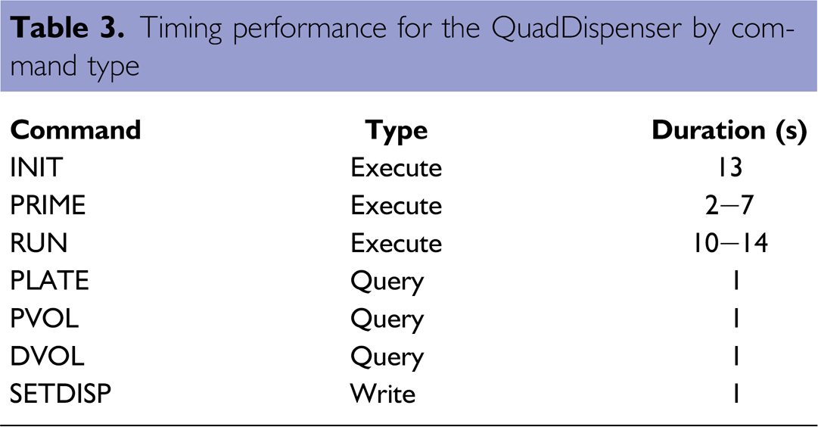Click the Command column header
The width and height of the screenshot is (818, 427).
[76, 130]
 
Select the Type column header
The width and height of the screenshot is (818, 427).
[396, 131]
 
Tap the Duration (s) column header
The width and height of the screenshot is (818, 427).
[729, 131]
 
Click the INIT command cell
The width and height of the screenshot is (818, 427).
[36, 167]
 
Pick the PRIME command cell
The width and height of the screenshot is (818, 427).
[48, 205]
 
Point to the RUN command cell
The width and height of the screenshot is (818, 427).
[39, 243]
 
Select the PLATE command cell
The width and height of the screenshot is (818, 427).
[49, 280]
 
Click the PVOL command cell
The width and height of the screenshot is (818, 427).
[45, 318]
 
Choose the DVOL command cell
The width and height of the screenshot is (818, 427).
[48, 356]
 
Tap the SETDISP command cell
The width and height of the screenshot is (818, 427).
[61, 394]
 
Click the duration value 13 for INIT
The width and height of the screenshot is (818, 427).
[729, 167]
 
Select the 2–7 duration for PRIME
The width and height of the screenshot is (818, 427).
[729, 205]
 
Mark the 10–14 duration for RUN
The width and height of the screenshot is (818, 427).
[729, 243]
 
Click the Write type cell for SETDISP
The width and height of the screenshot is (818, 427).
[383, 394]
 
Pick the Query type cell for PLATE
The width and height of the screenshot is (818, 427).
[387, 282]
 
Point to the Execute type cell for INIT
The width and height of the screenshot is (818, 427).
[396, 167]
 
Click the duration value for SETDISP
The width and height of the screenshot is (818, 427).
[736, 394]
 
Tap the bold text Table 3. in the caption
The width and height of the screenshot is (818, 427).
[67, 28]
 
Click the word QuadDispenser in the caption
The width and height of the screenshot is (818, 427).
[586, 28]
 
